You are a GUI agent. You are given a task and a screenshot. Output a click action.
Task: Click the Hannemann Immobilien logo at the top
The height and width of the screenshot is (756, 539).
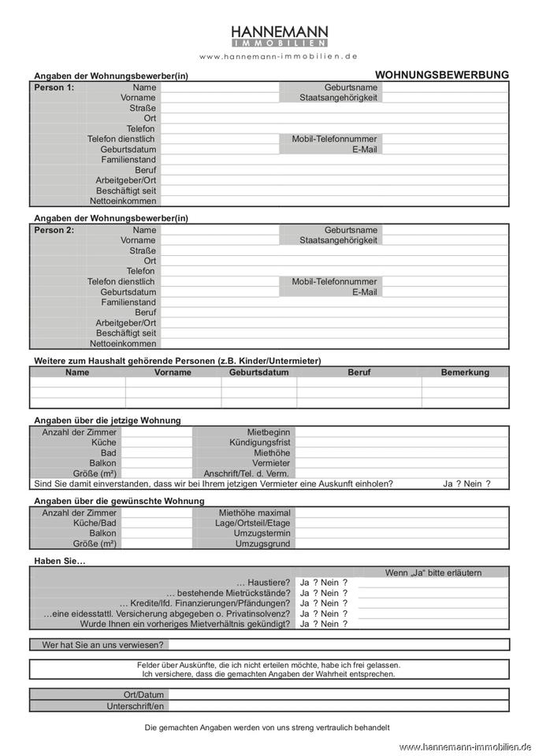[279, 35]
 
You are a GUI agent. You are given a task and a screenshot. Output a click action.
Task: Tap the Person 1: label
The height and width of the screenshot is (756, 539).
[54, 87]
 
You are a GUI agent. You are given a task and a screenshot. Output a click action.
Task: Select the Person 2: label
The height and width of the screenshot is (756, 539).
[54, 230]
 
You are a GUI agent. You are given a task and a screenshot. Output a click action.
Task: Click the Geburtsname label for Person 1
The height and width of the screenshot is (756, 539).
[351, 87]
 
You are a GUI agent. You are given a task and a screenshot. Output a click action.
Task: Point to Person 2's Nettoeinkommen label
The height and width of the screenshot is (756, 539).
[123, 343]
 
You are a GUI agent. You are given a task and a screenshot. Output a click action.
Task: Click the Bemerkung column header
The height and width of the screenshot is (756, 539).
[465, 372]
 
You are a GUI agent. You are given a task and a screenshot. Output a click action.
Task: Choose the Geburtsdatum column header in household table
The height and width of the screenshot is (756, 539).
[258, 372]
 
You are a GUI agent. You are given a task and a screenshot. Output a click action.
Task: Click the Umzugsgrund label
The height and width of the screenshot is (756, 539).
[262, 543]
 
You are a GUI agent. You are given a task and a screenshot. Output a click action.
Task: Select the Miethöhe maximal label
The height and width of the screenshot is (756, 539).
[254, 513]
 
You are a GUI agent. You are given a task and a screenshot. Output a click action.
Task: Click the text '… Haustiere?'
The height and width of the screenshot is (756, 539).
[262, 583]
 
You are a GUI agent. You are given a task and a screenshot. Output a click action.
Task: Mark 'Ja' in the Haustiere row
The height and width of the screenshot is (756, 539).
[305, 583]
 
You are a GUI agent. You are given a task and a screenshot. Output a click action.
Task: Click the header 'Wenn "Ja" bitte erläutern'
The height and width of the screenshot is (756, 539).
[433, 573]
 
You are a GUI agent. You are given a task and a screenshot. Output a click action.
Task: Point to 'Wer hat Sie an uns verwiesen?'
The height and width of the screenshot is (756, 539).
[102, 644]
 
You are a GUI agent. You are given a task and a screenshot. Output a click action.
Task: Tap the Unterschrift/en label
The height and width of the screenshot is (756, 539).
[135, 706]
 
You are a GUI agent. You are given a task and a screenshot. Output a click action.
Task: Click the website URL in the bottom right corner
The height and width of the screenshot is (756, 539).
[465, 747]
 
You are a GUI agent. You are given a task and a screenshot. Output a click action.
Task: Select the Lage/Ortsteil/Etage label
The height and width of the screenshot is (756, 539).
[247, 523]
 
